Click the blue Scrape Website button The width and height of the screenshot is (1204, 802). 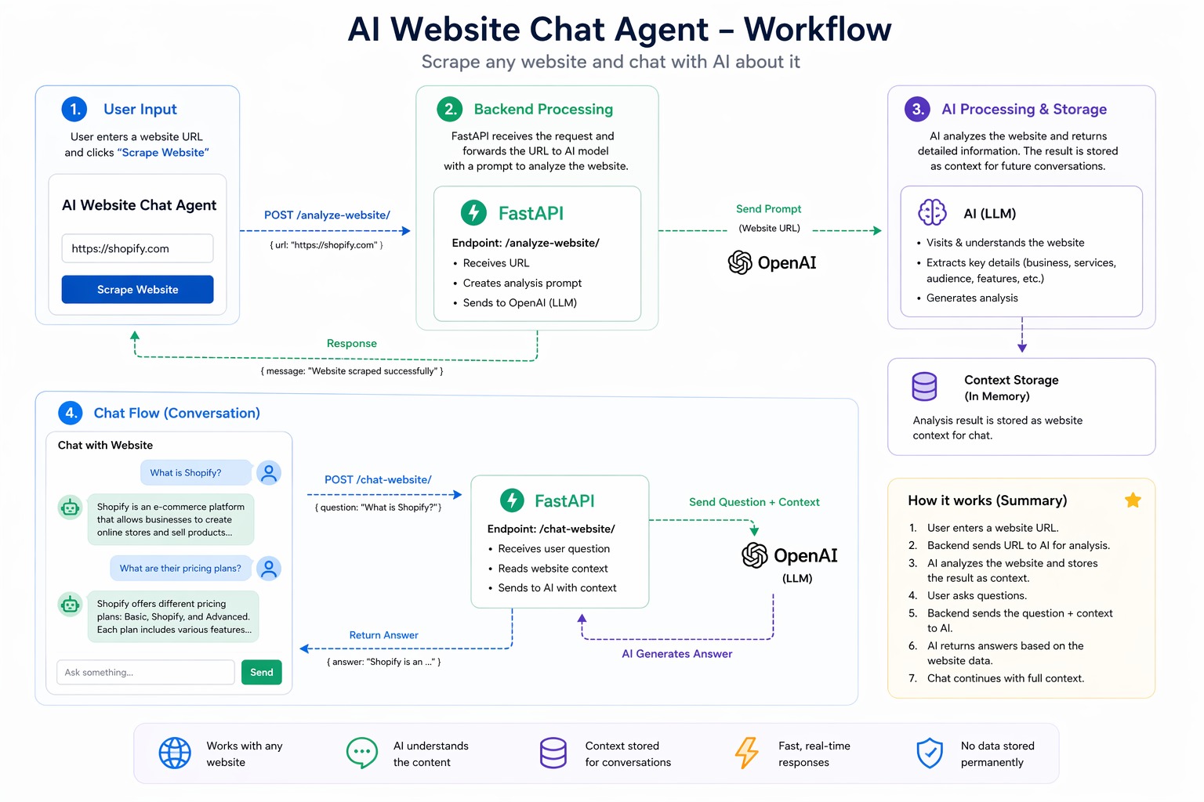(137, 289)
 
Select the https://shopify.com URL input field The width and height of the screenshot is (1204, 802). (137, 248)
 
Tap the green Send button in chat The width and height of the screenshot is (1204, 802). (261, 672)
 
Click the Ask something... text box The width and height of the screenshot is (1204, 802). (145, 672)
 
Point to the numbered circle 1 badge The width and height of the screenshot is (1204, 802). (74, 109)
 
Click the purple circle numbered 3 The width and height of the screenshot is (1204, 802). (917, 109)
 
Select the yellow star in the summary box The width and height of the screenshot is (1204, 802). (1132, 500)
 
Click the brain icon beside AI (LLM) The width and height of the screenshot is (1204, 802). (932, 212)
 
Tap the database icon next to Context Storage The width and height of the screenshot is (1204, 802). (924, 386)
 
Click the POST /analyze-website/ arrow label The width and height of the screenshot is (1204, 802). (327, 215)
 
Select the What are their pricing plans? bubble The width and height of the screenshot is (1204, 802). (180, 568)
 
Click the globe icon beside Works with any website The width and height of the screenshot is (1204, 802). (175, 753)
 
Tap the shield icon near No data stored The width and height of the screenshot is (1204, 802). (929, 753)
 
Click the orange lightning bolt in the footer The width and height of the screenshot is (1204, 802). (746, 753)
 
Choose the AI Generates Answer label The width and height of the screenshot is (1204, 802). (676, 653)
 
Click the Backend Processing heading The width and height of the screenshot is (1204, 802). (543, 109)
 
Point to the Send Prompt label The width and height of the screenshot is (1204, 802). (768, 208)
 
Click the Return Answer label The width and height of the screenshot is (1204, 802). (383, 634)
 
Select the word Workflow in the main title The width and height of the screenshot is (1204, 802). (817, 30)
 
